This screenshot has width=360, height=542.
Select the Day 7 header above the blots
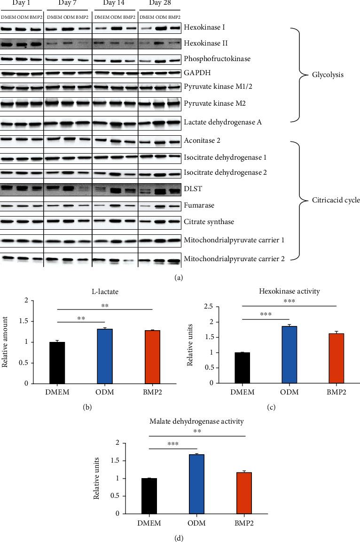67,3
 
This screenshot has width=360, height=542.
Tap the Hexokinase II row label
205,43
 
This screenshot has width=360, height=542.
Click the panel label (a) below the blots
178,278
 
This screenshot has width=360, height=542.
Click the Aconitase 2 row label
203,140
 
